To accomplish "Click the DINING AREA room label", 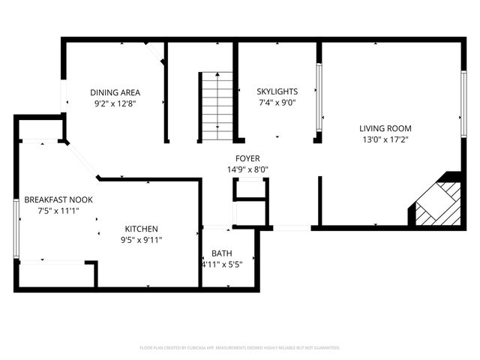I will pos(115,93).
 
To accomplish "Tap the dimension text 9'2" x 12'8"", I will pos(115,104).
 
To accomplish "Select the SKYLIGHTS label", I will pos(277,91).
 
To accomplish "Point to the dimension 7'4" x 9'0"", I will pos(277,103).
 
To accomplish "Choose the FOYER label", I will pos(247,158).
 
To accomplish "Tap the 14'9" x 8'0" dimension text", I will pos(247,169).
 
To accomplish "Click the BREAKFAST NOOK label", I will pos(58,200).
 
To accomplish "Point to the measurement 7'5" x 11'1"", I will pos(58,211).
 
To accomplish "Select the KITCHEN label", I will pos(141,228).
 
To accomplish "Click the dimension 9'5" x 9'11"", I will pos(141,239).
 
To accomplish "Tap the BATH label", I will pos(221,253).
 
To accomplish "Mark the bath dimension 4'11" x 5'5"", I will pos(221,264).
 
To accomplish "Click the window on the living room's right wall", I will pos(463,94).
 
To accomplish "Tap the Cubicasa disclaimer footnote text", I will pos(240,347).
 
